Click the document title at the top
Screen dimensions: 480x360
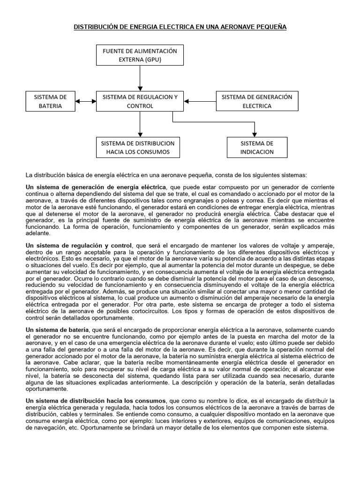tap(180, 28)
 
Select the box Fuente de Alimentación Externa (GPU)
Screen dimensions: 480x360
tap(140, 55)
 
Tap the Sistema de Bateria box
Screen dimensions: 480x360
tap(50, 101)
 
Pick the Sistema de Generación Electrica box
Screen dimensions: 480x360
tap(256, 101)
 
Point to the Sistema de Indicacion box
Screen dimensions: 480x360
tap(256, 147)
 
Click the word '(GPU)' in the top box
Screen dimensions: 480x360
tap(152, 60)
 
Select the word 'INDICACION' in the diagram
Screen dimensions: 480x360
tap(256, 152)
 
